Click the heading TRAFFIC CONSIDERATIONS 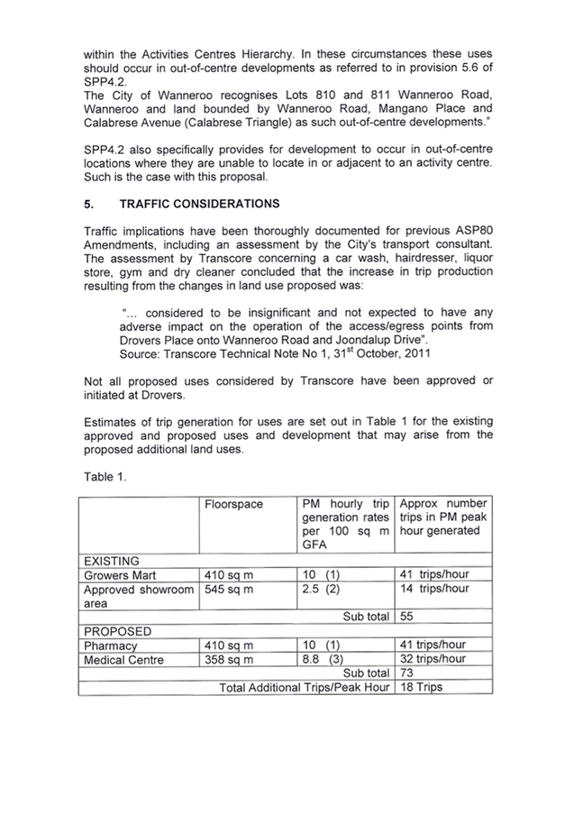199,205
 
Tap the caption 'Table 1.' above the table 105,477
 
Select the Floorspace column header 234,505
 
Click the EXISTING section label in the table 112,561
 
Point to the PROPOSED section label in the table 117,631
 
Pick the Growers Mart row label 120,575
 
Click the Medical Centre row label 123,660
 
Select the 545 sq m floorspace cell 230,590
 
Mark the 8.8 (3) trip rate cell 321,660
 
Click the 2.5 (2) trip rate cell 321,590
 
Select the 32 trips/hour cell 433,660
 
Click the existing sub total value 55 406,617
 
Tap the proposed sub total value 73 406,673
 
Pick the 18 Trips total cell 421,688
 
